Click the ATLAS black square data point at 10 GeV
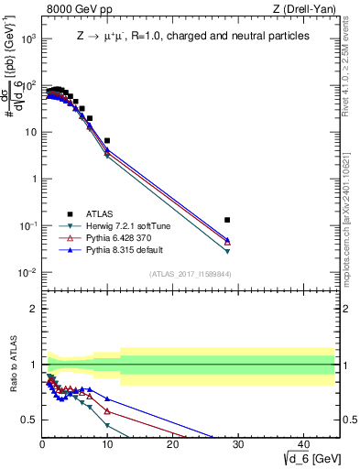[x=107, y=141]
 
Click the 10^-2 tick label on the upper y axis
[x=29, y=273]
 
